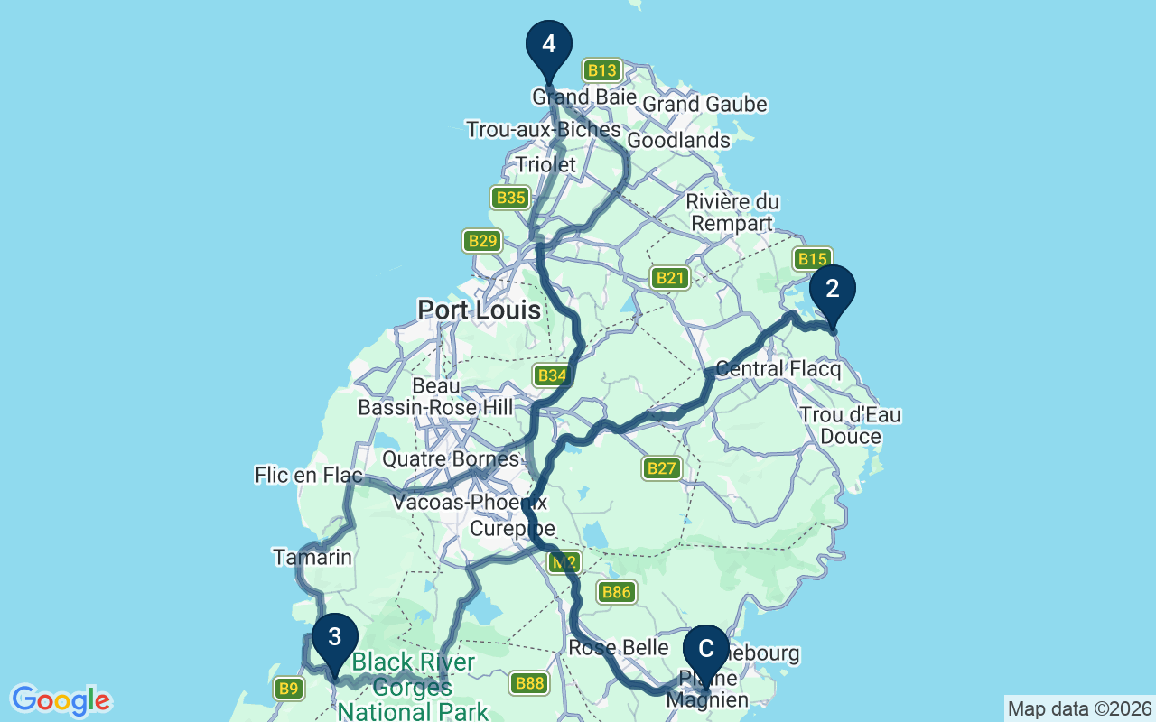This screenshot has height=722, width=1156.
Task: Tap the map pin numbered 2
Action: pyautogui.click(x=832, y=290)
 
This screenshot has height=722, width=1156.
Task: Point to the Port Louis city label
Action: pyautogui.click(x=479, y=310)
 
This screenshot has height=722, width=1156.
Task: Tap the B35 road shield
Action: pyautogui.click(x=510, y=198)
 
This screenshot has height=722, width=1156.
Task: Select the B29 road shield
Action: pyautogui.click(x=482, y=241)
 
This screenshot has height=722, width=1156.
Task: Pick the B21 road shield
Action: pyautogui.click(x=670, y=278)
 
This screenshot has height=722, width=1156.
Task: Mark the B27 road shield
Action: pyautogui.click(x=661, y=467)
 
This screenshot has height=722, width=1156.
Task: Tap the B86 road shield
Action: pyautogui.click(x=616, y=592)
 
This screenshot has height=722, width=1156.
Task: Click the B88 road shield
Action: pyautogui.click(x=529, y=683)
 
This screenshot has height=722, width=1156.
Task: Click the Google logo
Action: pyautogui.click(x=61, y=700)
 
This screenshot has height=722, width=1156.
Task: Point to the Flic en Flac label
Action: pyautogui.click(x=308, y=475)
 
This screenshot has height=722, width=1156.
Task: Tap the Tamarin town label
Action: pyautogui.click(x=312, y=558)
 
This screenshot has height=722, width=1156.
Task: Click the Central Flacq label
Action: pyautogui.click(x=778, y=369)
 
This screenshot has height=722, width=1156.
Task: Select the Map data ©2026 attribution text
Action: pyautogui.click(x=1079, y=708)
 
